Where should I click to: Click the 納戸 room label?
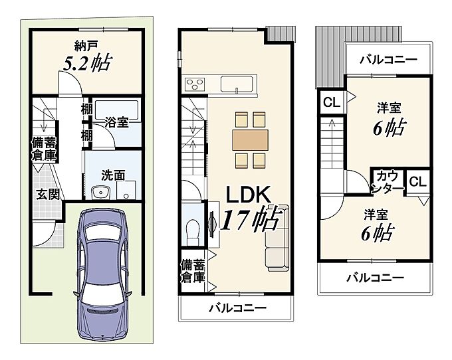[86, 46]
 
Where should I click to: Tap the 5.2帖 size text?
[87, 62]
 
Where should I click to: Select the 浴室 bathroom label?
[116, 122]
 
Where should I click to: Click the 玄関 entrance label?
[48, 195]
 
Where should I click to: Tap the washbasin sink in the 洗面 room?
[100, 192]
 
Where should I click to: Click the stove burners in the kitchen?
[195, 84]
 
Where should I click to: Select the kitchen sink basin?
[237, 84]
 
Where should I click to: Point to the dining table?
[250, 140]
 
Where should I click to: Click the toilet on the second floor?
[192, 231]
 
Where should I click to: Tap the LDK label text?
[248, 195]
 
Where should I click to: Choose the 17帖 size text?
[251, 219]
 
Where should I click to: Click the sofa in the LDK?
[277, 238]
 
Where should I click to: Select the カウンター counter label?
[388, 182]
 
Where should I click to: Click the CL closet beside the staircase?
[332, 102]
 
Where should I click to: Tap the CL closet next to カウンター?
[417, 182]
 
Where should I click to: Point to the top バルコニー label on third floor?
[388, 60]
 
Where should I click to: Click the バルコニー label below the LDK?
[237, 308]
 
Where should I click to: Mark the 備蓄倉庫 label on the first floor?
[43, 149]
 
